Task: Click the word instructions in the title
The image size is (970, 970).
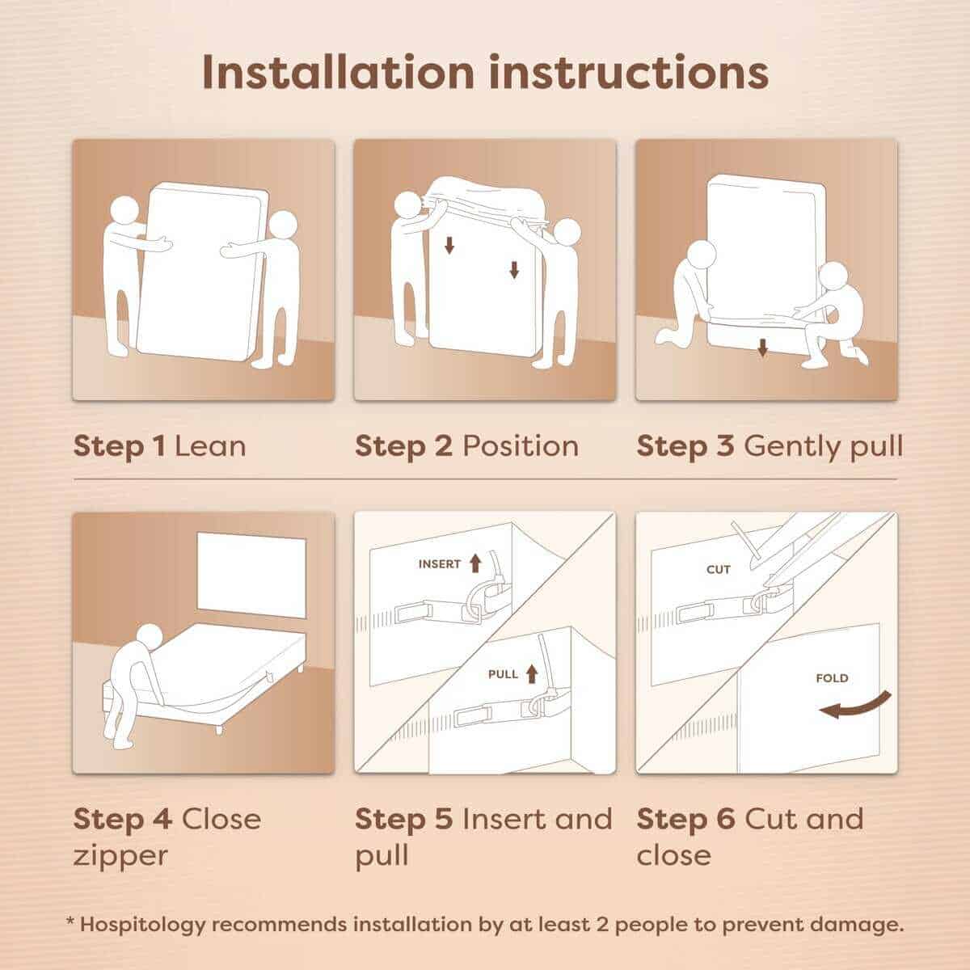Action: [x=628, y=73]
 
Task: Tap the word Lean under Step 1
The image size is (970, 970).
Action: [x=210, y=446]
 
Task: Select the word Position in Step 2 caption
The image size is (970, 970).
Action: [x=521, y=446]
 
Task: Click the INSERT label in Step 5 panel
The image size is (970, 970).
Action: [x=440, y=564]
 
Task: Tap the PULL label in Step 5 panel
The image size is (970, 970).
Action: [x=503, y=674]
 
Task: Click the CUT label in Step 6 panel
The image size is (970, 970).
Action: [x=719, y=570]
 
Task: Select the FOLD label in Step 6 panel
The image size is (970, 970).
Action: [x=832, y=678]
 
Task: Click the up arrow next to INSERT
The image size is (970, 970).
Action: [x=475, y=563]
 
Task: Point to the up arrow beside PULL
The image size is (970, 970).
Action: [x=532, y=674]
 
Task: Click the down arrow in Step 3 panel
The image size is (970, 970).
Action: [x=762, y=348]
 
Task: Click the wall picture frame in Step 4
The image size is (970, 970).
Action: [x=251, y=575]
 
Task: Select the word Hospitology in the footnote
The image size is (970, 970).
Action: [x=142, y=926]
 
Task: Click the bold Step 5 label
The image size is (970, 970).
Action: [x=403, y=820]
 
